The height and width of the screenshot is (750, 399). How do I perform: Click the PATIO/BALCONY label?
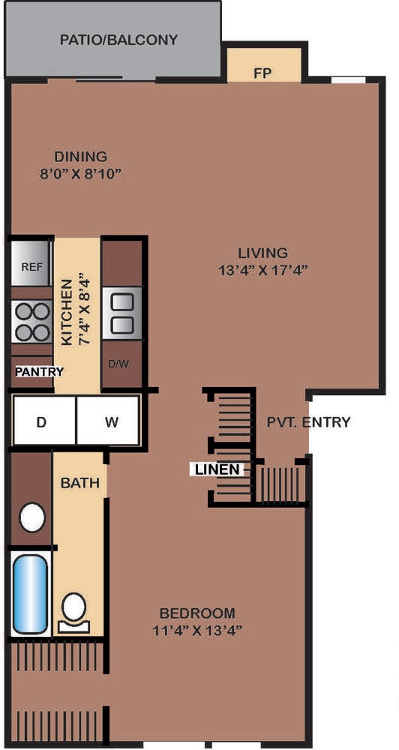pyautogui.click(x=118, y=40)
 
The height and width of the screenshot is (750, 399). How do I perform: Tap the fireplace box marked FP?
pyautogui.click(x=263, y=64)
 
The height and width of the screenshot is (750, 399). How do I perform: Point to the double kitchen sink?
pyautogui.click(x=122, y=313)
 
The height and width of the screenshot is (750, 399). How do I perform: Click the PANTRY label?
pyautogui.click(x=39, y=372)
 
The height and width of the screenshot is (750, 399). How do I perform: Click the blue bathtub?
pyautogui.click(x=31, y=593)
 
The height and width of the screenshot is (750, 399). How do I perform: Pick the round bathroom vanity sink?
pyautogui.click(x=32, y=517)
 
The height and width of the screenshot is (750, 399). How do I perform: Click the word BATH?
pyautogui.click(x=80, y=482)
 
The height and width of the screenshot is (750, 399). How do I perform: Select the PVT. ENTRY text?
pyautogui.click(x=308, y=421)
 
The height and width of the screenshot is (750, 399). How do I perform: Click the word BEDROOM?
pyautogui.click(x=197, y=613)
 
